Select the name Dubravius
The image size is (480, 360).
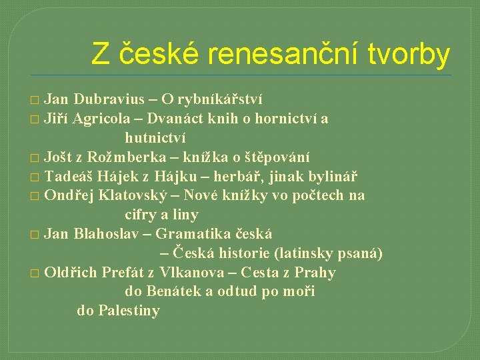click(x=109, y=100)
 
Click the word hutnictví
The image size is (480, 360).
click(x=155, y=138)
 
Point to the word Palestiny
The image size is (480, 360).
click(x=129, y=311)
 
